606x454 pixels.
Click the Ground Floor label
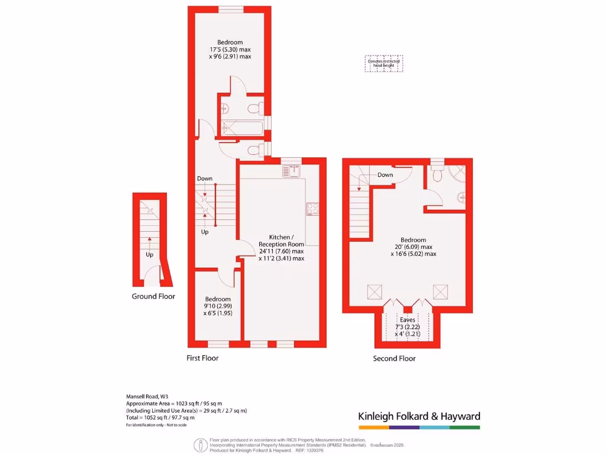tap(153, 296)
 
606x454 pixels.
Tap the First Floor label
tap(202, 358)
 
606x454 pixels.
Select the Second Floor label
tap(394, 358)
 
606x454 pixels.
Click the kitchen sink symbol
tap(292, 171)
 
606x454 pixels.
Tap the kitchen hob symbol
tap(312, 209)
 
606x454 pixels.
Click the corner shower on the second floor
tap(457, 174)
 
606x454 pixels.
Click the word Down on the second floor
tap(385, 175)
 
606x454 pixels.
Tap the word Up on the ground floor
tap(150, 255)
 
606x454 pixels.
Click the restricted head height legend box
tap(383, 63)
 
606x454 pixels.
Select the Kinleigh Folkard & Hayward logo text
tap(419, 416)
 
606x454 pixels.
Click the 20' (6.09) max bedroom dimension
tap(414, 247)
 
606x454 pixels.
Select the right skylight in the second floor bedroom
tap(440, 291)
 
